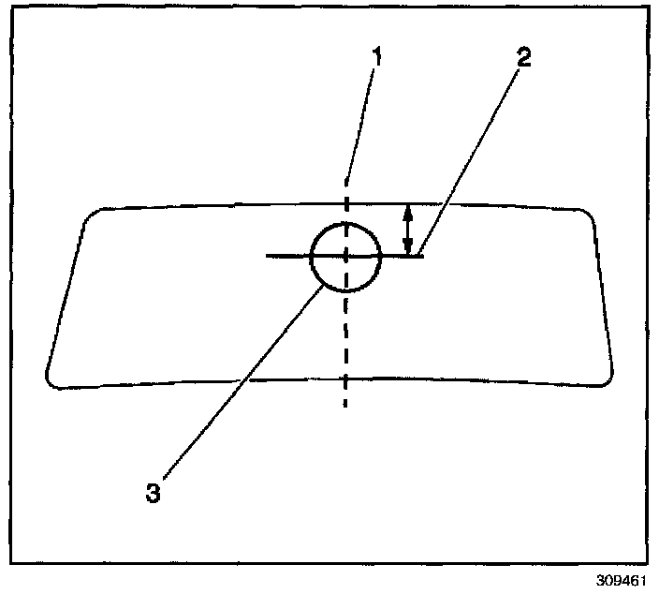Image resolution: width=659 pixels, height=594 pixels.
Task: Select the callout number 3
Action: tap(153, 492)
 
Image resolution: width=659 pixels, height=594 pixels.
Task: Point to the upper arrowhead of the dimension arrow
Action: tap(407, 209)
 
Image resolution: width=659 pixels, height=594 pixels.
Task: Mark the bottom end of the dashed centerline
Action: tap(346, 406)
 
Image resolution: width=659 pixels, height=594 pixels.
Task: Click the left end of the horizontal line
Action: tap(268, 255)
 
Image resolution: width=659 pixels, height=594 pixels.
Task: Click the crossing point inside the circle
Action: tap(346, 255)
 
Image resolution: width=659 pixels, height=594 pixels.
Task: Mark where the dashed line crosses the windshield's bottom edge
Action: tap(346, 380)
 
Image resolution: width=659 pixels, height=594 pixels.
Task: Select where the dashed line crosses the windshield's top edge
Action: tap(346, 203)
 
